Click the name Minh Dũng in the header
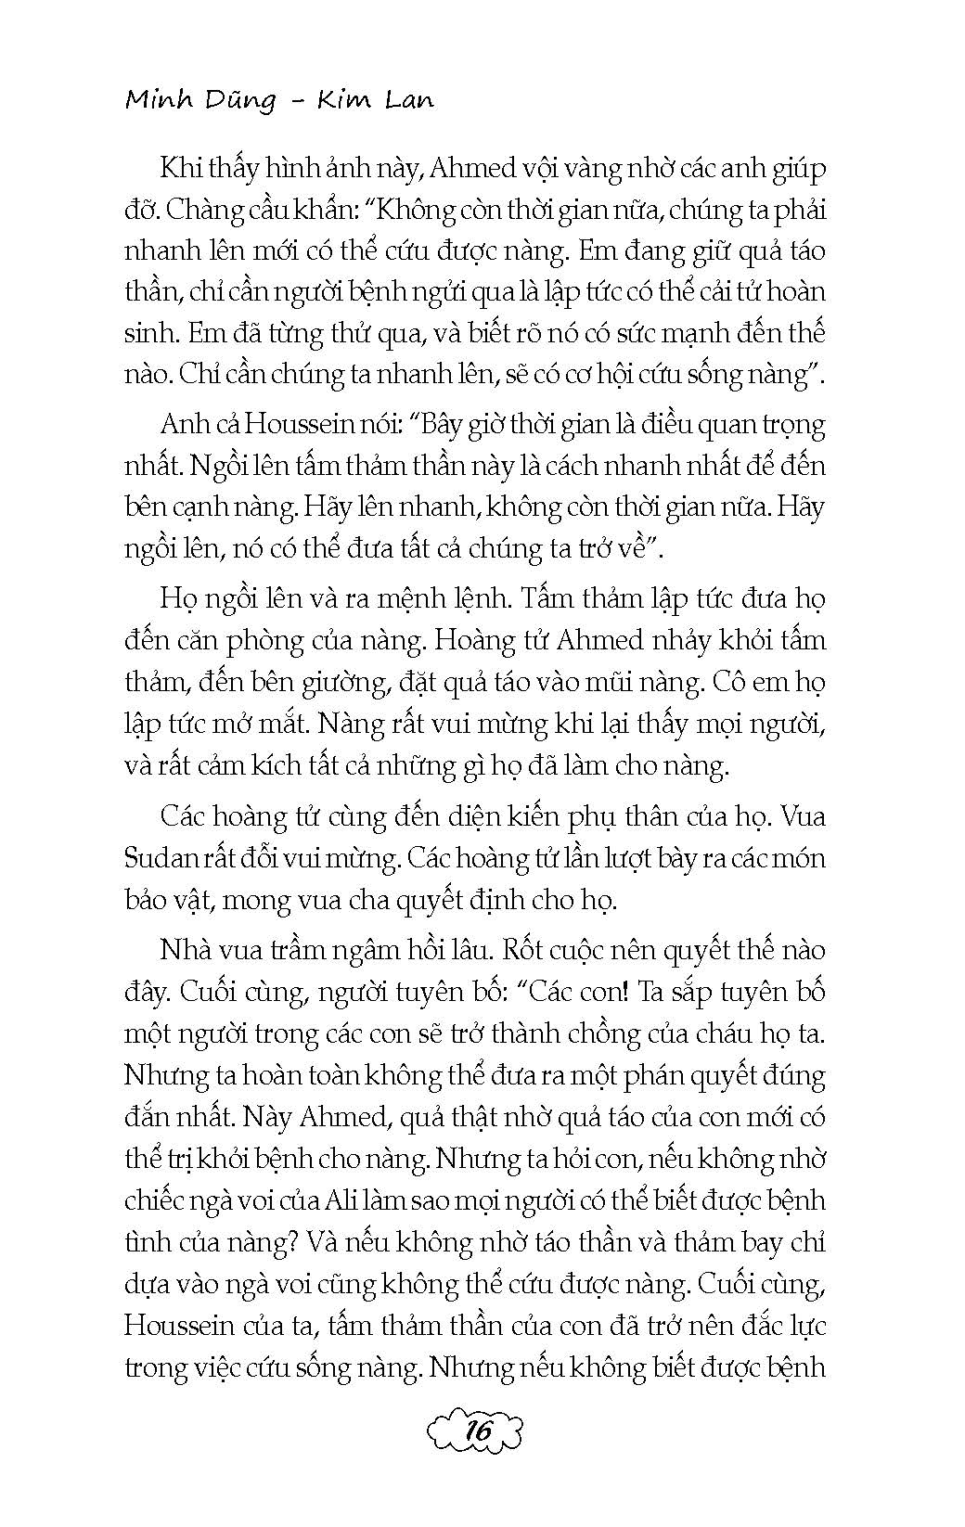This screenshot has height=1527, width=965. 200,100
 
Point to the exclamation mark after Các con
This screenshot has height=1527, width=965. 629,992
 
